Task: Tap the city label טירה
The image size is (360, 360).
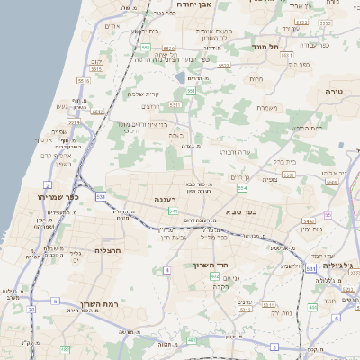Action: [x=335, y=92]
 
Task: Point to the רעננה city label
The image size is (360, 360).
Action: [x=165, y=200]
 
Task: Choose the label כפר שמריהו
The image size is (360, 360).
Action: [x=58, y=196]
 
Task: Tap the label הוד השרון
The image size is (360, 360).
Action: [x=214, y=265]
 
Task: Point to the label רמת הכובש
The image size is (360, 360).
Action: [x=305, y=128]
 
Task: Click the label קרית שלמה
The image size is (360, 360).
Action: [x=146, y=94]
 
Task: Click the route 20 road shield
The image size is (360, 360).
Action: [x=31, y=309]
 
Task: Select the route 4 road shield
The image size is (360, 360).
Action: [x=166, y=270]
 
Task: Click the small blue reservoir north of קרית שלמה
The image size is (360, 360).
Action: [x=182, y=78]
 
